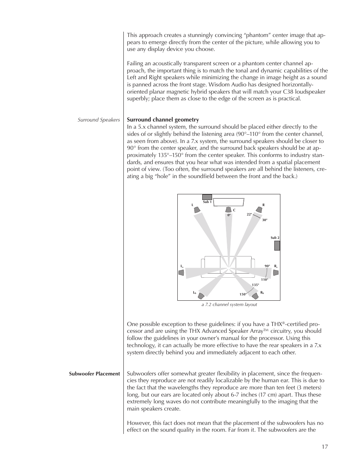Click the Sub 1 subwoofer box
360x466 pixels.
(207, 197)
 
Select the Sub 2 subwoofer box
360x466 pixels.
(277, 245)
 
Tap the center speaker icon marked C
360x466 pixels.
(228, 210)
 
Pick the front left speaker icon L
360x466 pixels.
(197, 209)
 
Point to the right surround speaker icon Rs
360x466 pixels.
(275, 272)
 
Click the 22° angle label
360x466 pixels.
(249, 214)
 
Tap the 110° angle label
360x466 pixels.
(264, 280)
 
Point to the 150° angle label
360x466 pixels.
(243, 294)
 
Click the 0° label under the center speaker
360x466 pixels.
(229, 215)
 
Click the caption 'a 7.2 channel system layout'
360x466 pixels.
(229, 305)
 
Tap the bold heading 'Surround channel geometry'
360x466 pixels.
(163, 120)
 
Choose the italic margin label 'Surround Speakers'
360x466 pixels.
(98, 120)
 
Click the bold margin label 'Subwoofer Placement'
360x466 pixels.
(94, 374)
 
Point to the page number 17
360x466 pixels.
(325, 447)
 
